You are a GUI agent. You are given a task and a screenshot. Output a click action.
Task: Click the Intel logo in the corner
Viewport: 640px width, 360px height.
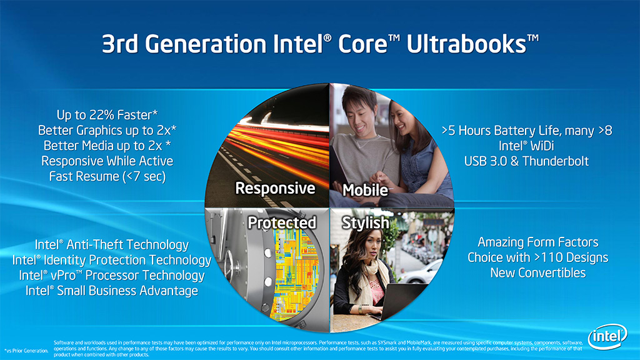tap(607, 336)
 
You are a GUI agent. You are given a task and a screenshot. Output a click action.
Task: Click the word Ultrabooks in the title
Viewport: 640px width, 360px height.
tap(472, 44)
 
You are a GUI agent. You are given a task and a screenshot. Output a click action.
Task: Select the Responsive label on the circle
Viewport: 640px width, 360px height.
tap(275, 188)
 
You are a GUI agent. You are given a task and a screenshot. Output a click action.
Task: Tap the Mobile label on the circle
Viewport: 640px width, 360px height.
tap(365, 190)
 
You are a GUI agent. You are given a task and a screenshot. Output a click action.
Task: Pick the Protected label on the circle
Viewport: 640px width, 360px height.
tap(282, 222)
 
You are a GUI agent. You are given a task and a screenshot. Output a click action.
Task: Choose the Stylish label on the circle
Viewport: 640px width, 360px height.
tap(365, 223)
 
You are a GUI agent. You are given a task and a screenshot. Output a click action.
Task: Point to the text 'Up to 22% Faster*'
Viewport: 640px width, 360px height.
tap(107, 115)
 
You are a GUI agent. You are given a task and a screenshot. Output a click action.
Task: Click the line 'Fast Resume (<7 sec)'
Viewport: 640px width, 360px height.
tap(107, 176)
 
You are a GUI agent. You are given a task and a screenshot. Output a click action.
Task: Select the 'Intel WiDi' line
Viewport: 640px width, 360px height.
tap(526, 146)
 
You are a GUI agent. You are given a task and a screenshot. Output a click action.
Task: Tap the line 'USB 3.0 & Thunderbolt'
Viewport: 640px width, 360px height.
tap(526, 161)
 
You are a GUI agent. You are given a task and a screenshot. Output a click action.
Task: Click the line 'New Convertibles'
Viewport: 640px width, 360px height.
tap(538, 272)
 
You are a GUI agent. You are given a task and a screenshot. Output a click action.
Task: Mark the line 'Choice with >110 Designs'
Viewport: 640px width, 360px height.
tap(538, 257)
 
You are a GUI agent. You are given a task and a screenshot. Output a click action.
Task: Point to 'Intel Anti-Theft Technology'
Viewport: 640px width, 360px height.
tap(112, 244)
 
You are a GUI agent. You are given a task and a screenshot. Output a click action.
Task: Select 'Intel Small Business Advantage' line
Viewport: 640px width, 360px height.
tap(112, 291)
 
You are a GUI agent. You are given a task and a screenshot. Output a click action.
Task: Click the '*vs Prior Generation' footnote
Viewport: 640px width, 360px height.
tap(26, 351)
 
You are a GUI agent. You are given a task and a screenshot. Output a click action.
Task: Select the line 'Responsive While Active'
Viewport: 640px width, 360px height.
tap(107, 161)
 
